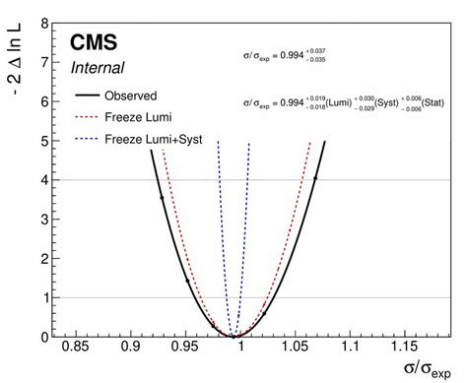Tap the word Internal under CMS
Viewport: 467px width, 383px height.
98,68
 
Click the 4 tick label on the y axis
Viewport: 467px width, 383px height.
46,179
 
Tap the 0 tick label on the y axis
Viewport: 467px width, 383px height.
46,337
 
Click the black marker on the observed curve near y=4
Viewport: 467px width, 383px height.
315,179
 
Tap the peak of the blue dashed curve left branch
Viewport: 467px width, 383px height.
218,142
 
